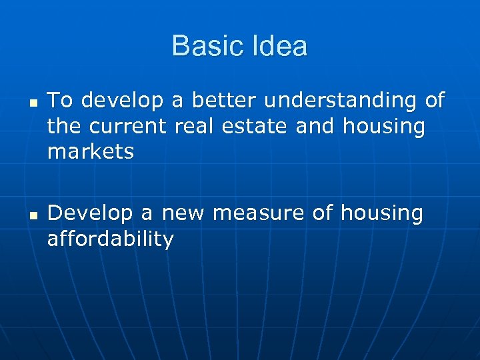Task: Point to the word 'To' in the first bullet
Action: (60, 101)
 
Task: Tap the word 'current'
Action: (130, 127)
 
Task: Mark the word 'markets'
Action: (91, 152)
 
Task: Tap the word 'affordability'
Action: (111, 239)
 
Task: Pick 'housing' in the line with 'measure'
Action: (381, 214)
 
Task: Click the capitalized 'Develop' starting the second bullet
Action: (91, 214)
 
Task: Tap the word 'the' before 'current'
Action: (65, 126)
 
